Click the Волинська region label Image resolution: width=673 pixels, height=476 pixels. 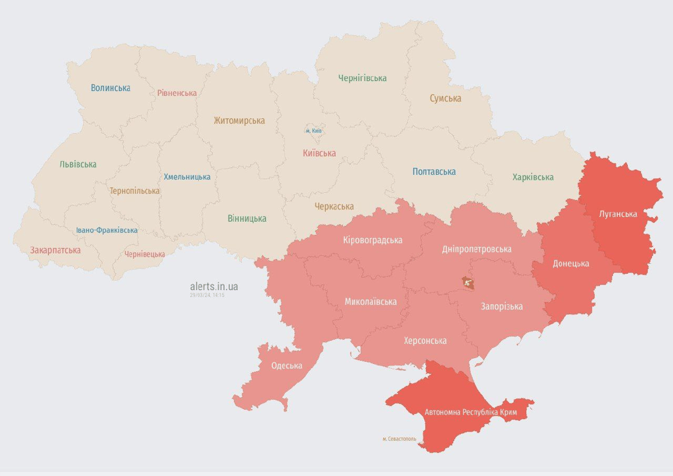tap(110, 88)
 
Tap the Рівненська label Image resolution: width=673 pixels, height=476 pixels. tap(176, 93)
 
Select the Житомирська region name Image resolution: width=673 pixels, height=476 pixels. tap(239, 121)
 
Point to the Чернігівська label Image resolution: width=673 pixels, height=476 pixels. tap(362, 78)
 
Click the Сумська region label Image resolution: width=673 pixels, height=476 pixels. tap(445, 99)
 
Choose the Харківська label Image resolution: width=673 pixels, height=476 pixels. tap(532, 177)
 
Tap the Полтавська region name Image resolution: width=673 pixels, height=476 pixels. tap(434, 172)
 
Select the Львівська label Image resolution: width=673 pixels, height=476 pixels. tap(78, 164)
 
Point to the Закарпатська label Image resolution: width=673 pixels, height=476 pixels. tap(55, 250)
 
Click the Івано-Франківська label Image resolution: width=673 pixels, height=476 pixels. tap(107, 230)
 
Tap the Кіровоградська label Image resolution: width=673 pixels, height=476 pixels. tap(372, 240)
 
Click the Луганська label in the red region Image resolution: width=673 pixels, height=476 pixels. tap(618, 214)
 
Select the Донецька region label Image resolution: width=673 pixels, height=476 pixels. tap(570, 263)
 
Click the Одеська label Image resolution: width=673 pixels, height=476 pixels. tap(287, 365)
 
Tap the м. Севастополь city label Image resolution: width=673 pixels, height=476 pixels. tap(399, 439)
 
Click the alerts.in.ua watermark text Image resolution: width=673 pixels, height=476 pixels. tap(214, 286)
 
